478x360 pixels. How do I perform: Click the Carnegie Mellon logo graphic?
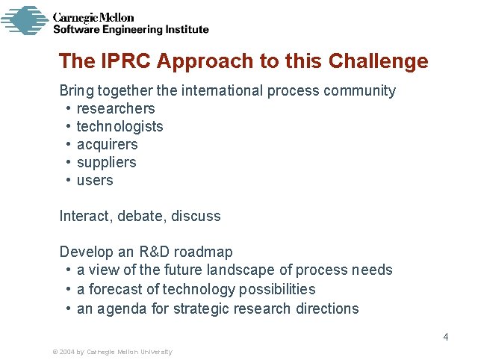pyautogui.click(x=24, y=20)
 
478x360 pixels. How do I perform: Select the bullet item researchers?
pyautogui.click(x=116, y=109)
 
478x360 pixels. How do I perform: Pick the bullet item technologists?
pyautogui.click(x=119, y=127)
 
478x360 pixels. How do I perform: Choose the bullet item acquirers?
pyautogui.click(x=108, y=145)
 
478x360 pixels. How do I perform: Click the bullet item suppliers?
pyautogui.click(x=107, y=163)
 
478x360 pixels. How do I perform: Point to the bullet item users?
pyautogui.click(x=95, y=181)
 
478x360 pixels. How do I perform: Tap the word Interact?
pyautogui.click(x=84, y=217)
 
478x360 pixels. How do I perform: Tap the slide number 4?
pyautogui.click(x=446, y=337)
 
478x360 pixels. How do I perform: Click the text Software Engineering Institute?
pyautogui.click(x=131, y=30)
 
